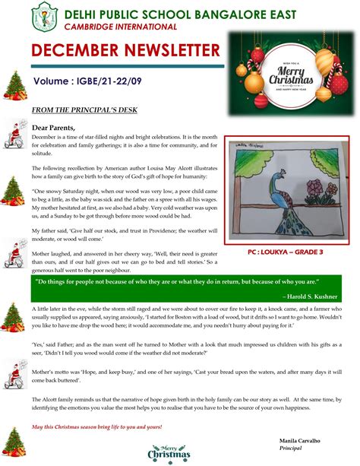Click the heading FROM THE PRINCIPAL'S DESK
(84, 109)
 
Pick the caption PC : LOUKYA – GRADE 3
(286, 252)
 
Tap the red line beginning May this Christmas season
(97, 426)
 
